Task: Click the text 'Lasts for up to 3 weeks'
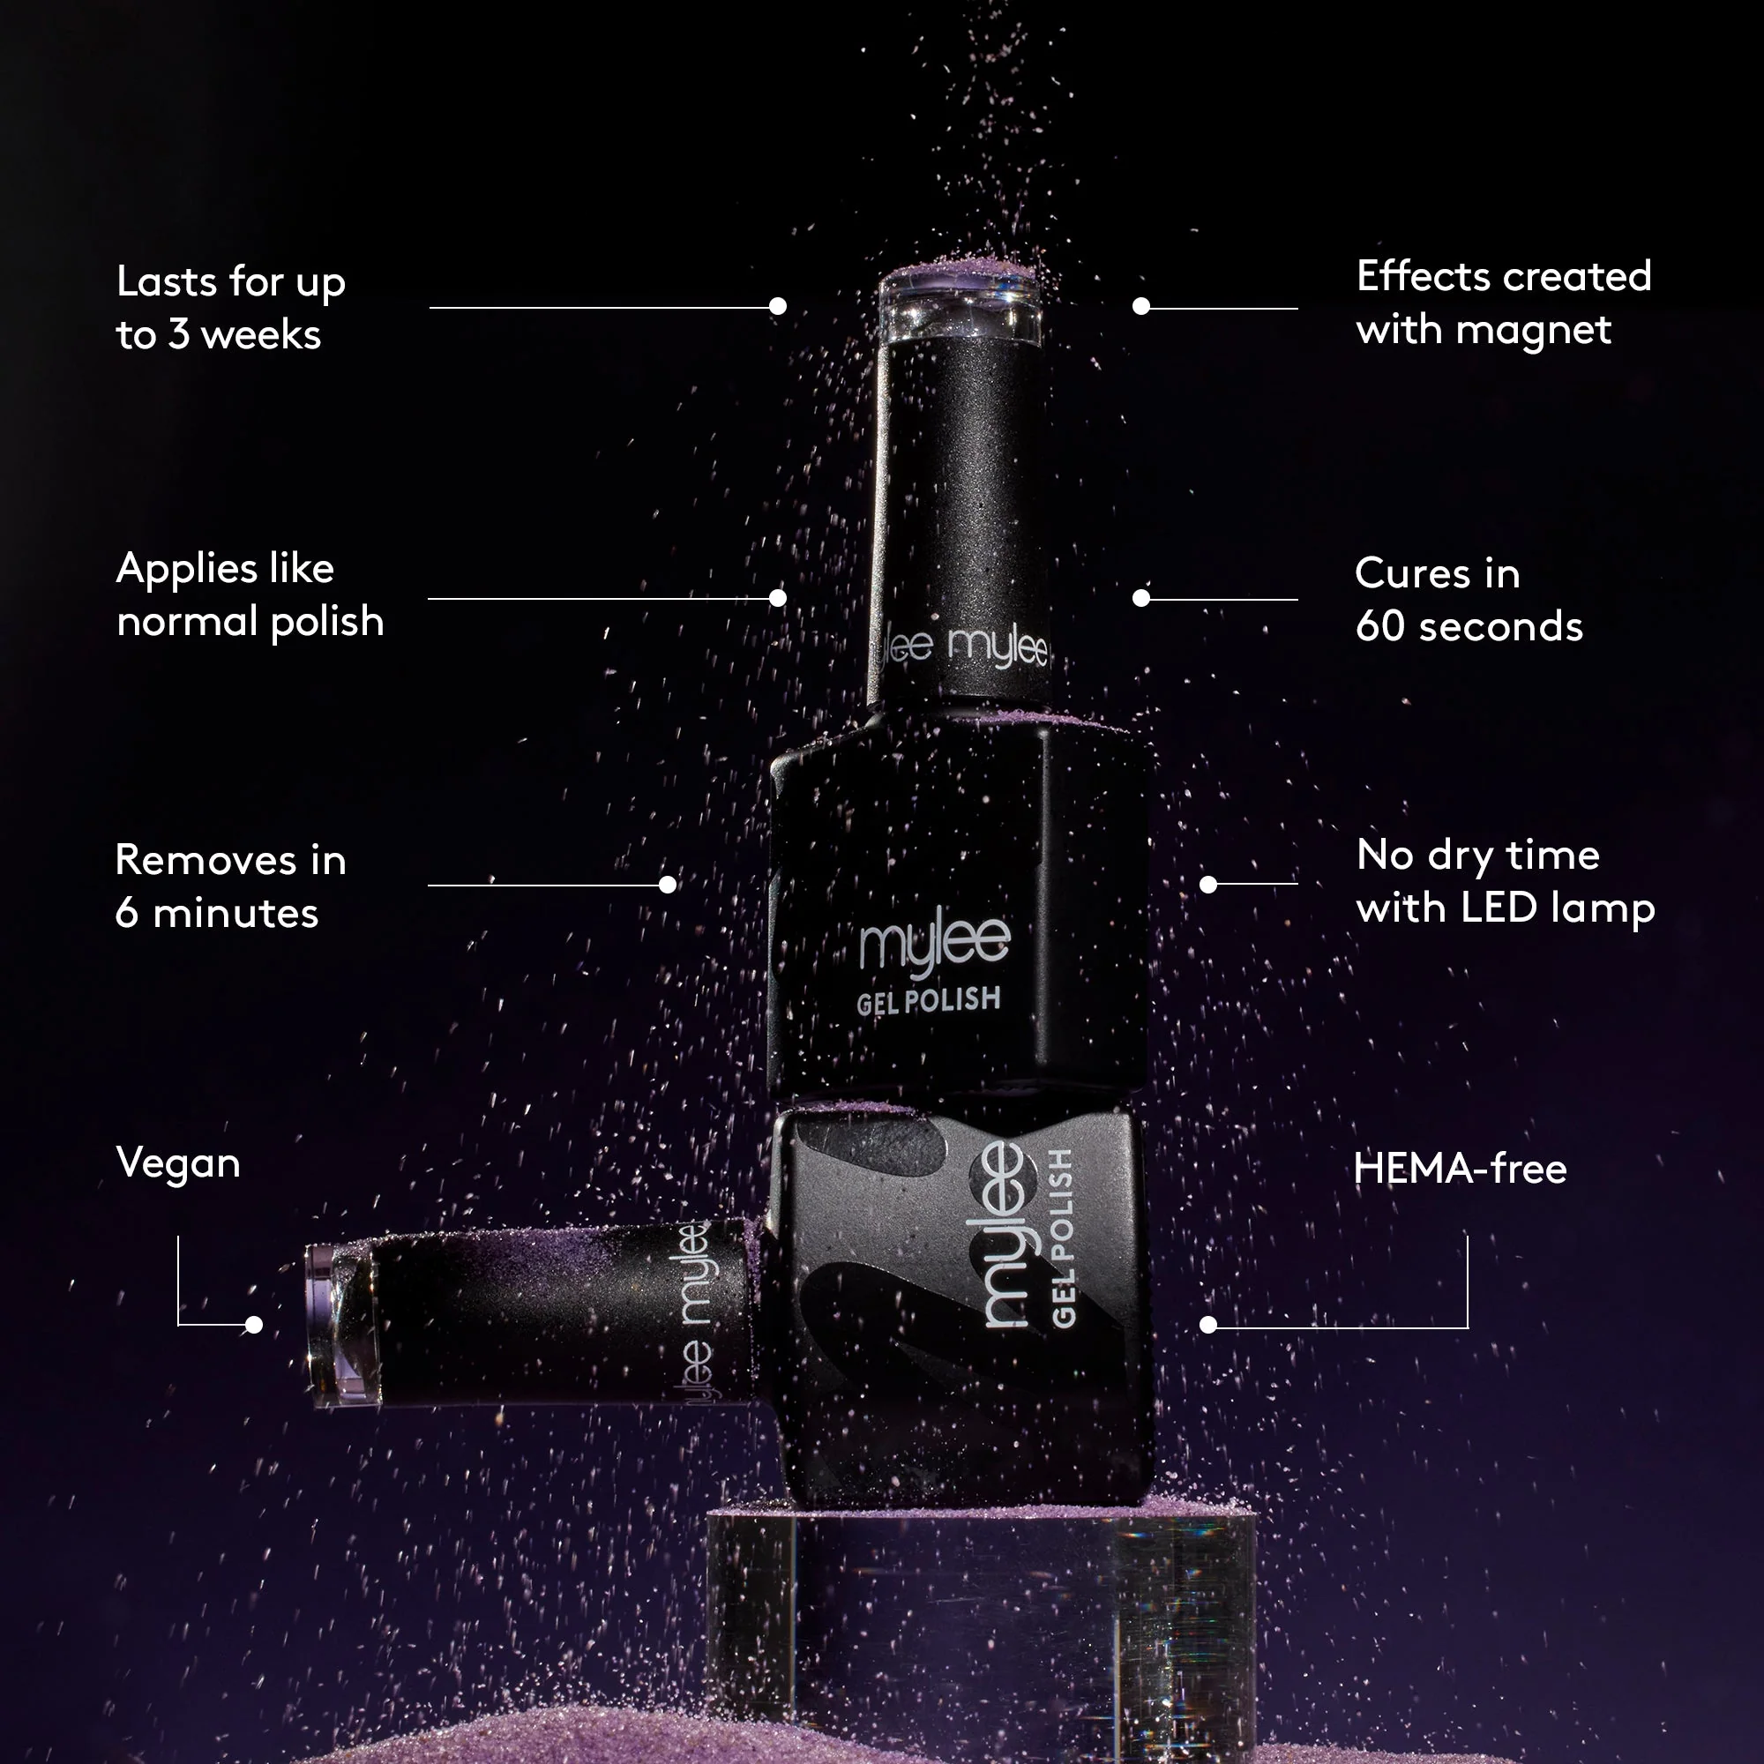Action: pyautogui.click(x=231, y=308)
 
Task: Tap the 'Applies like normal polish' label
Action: pyautogui.click(x=250, y=594)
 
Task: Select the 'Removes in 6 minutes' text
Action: pyautogui.click(x=231, y=886)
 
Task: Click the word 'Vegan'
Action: pyautogui.click(x=178, y=1164)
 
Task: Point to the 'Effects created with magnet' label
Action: pyautogui.click(x=1504, y=303)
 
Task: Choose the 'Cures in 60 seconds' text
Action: pyautogui.click(x=1469, y=599)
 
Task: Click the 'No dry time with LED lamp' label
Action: pyautogui.click(x=1506, y=881)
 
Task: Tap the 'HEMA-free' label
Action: pyautogui.click(x=1460, y=1168)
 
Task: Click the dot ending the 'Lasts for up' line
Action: pyautogui.click(x=778, y=307)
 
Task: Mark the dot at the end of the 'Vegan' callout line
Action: pyautogui.click(x=254, y=1324)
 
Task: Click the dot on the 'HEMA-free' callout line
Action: pyautogui.click(x=1208, y=1325)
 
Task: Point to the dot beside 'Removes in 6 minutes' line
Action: pyautogui.click(x=668, y=885)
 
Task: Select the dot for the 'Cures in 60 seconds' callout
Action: pyautogui.click(x=1141, y=598)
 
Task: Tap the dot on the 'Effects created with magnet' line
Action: pyautogui.click(x=1141, y=307)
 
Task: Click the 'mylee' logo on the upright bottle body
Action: pyautogui.click(x=935, y=943)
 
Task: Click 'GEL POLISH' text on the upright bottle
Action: pyautogui.click(x=929, y=1002)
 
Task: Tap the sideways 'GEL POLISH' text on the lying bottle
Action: pyautogui.click(x=1062, y=1237)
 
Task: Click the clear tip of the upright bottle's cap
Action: pyautogui.click(x=960, y=306)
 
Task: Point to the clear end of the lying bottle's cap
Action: pyautogui.click(x=341, y=1324)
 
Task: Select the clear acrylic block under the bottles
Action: pyautogui.click(x=982, y=1634)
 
